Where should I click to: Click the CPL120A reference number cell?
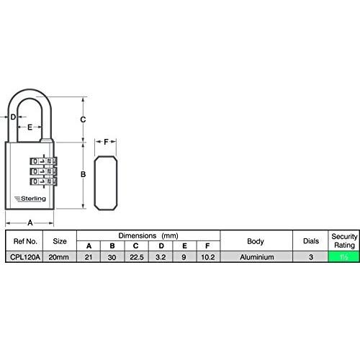coord(25,257)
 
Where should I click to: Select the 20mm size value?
coord(59,257)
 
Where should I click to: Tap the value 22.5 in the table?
coord(137,257)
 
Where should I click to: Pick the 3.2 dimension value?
coord(161,257)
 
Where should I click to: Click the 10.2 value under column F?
coord(208,257)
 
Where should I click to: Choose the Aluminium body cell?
coord(257,257)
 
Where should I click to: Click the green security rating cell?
coord(343,257)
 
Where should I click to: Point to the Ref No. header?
coord(25,241)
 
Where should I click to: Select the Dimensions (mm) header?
coord(148,235)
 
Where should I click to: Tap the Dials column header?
coord(311,241)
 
